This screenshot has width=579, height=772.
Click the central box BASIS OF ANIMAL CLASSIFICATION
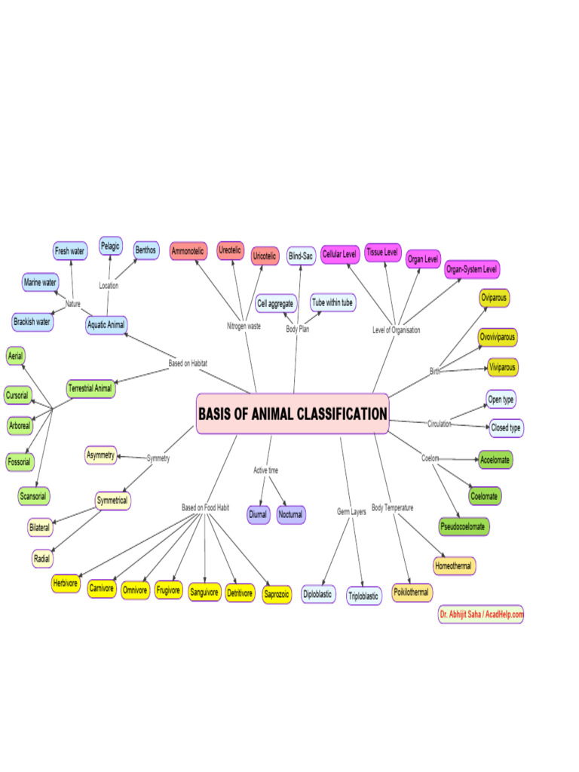(x=293, y=414)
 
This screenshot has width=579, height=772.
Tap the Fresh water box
(x=70, y=251)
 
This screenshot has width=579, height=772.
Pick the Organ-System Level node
(x=472, y=268)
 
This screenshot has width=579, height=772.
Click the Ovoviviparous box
(x=498, y=336)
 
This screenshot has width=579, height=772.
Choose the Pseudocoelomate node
(x=464, y=526)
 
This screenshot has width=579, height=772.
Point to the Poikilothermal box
(x=412, y=593)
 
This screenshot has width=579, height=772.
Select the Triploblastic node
(x=364, y=596)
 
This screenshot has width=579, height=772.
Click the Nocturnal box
(x=290, y=515)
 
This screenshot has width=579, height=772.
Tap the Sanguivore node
(x=204, y=593)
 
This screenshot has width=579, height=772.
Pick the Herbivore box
(x=66, y=584)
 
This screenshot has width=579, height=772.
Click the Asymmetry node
(x=100, y=455)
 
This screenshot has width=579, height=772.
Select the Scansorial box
(x=34, y=496)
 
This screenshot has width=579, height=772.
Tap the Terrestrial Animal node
(x=90, y=389)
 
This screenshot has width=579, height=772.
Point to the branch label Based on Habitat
(x=188, y=363)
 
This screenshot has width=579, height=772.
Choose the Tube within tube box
(x=332, y=302)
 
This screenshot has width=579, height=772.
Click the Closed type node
(x=506, y=428)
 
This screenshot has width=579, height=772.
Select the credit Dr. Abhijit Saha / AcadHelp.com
(x=480, y=614)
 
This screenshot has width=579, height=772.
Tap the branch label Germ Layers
(x=351, y=512)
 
